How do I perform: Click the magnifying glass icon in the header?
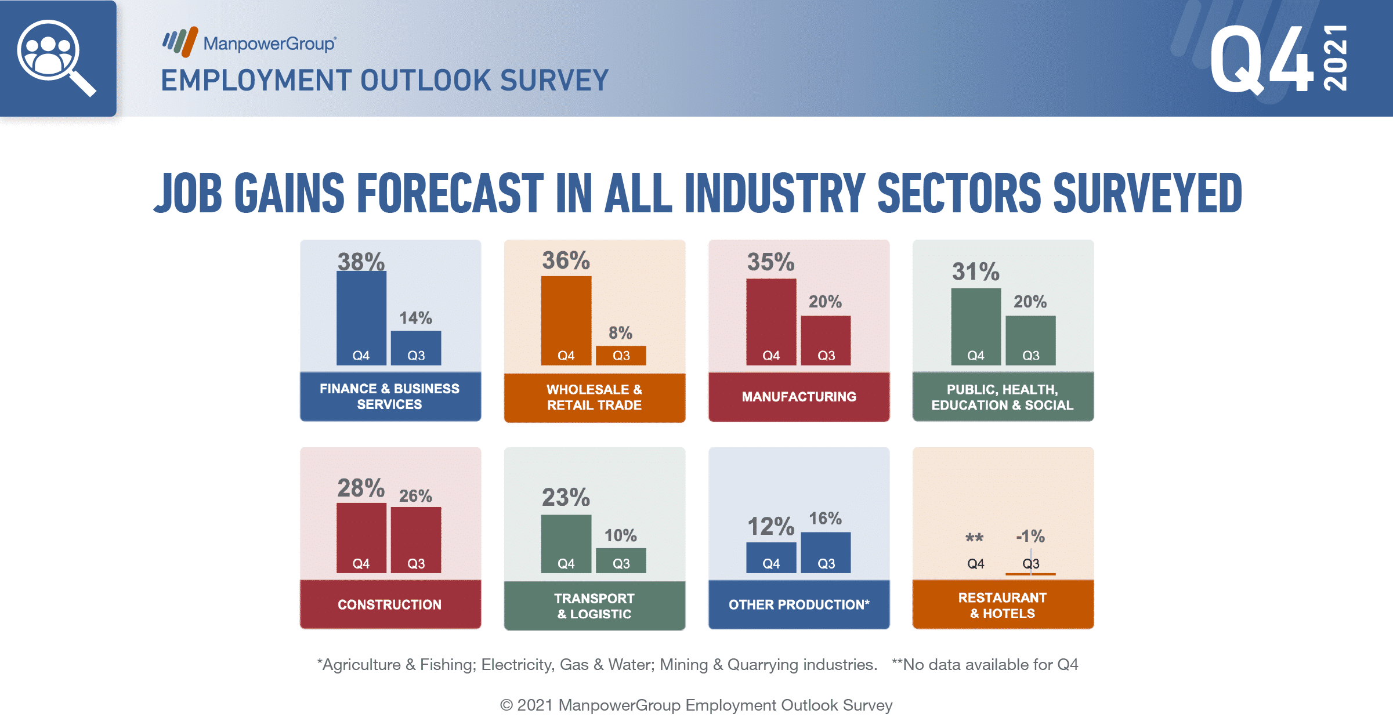coord(56,57)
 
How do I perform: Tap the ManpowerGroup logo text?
coord(269,44)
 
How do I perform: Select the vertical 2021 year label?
coord(1336,58)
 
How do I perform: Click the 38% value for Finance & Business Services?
coord(361,262)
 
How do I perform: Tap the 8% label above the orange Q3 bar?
coord(620,333)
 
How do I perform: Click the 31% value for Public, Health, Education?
coord(976,271)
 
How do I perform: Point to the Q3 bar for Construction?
coord(416,539)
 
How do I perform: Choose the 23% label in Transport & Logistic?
coord(566,497)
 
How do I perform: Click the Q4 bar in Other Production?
coord(771,557)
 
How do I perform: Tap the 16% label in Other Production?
coord(825,519)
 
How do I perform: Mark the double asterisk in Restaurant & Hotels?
coord(975,538)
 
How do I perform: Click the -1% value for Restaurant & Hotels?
coord(1030,536)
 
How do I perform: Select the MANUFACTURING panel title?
coord(799,397)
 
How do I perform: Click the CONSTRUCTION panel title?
coord(390,604)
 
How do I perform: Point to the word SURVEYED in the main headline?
coord(1148,193)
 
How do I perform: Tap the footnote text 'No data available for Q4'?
coord(990,664)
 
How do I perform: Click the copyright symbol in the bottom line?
coord(506,705)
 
